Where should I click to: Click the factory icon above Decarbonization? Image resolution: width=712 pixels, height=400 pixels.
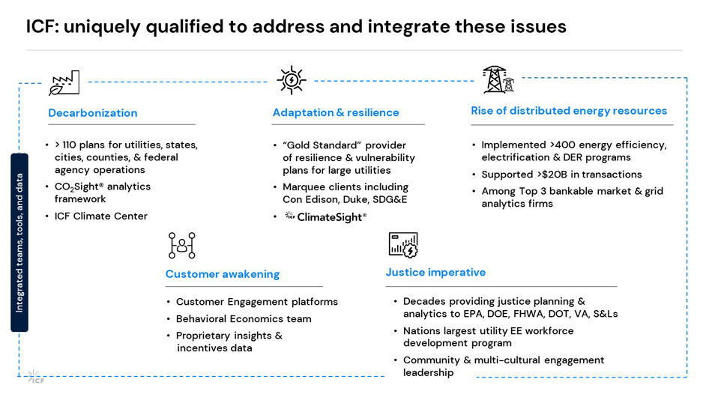tap(64, 82)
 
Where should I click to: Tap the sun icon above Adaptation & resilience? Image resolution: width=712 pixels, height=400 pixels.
tap(291, 80)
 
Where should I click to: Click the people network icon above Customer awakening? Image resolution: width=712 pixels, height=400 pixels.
tap(181, 245)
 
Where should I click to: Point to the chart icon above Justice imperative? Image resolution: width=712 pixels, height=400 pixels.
tap(403, 245)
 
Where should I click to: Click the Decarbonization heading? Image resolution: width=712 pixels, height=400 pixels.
tap(93, 113)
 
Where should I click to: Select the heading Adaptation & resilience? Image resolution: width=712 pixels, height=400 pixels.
tap(335, 112)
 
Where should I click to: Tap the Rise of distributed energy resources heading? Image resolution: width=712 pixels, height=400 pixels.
tap(568, 111)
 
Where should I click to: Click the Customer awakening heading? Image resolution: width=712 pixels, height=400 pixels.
tap(222, 274)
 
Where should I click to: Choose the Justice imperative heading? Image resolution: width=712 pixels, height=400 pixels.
tap(435, 273)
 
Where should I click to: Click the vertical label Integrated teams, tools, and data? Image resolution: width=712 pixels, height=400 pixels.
tap(19, 243)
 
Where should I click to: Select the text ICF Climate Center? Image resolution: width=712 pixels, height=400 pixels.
tap(101, 216)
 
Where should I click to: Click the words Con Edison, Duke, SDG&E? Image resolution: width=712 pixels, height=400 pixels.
tap(346, 200)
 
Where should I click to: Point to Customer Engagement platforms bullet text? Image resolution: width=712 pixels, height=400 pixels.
tap(256, 302)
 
